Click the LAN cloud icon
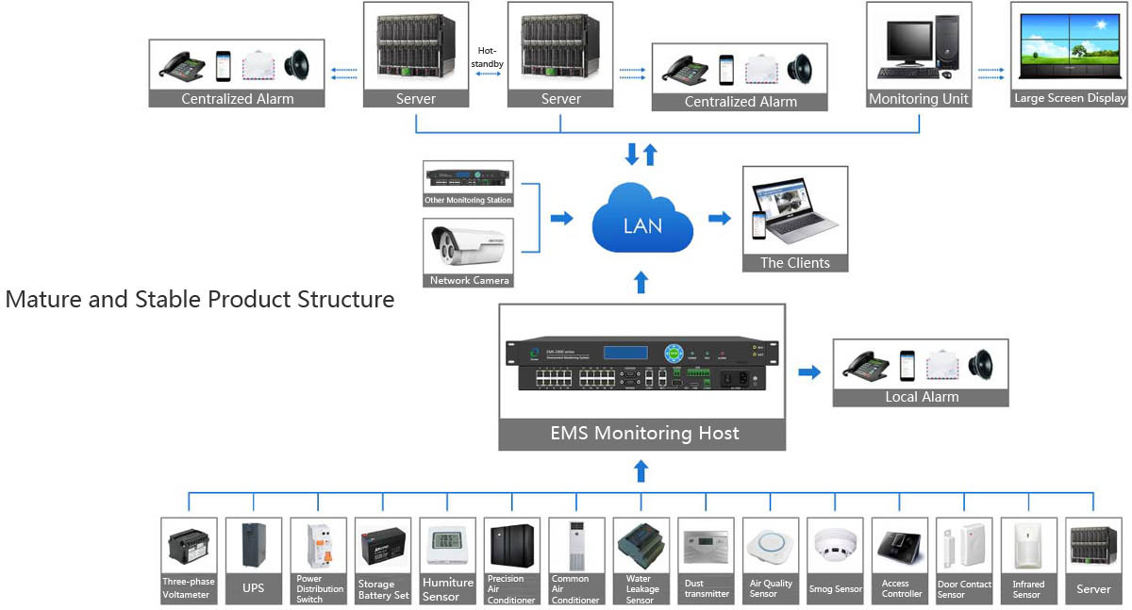(x=642, y=223)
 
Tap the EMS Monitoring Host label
(x=643, y=434)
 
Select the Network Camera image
(x=469, y=247)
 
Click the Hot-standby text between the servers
(x=490, y=57)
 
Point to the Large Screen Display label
(x=1070, y=98)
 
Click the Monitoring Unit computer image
(x=918, y=47)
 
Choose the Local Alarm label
(x=921, y=397)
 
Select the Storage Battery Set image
(x=383, y=546)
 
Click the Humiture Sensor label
(x=447, y=589)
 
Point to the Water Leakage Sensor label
(x=641, y=589)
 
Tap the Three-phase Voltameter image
(x=189, y=546)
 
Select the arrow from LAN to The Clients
(x=720, y=219)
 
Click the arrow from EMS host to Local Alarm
(x=809, y=372)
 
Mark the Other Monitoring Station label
(x=469, y=201)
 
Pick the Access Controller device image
(x=900, y=546)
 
